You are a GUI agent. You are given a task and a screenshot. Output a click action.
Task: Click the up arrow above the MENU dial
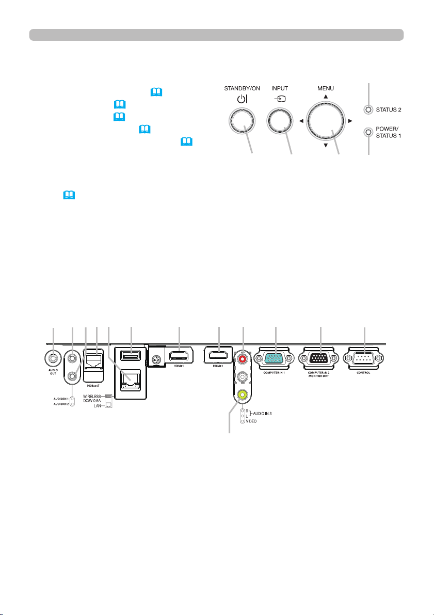tap(326, 97)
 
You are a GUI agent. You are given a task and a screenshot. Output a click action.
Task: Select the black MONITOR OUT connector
tap(320, 359)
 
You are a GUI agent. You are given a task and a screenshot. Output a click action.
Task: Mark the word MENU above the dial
tap(326, 88)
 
